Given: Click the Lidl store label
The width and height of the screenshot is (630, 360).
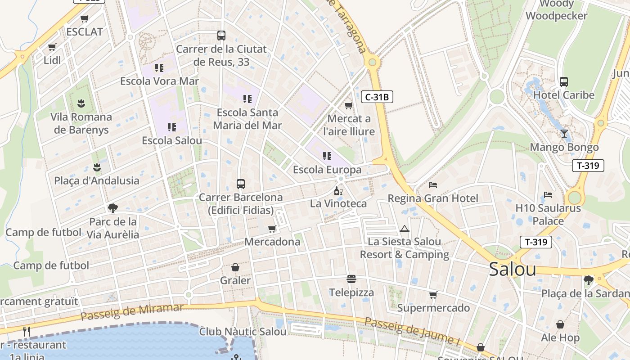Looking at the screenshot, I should pyautogui.click(x=52, y=60).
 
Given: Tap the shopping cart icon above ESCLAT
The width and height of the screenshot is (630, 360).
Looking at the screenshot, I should pyautogui.click(x=84, y=19).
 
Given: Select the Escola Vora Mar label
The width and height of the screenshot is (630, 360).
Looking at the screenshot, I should pyautogui.click(x=159, y=81).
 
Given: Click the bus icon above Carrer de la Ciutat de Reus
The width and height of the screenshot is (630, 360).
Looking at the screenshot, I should pyautogui.click(x=221, y=36).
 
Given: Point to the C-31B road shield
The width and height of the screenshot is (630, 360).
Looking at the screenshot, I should pyautogui.click(x=377, y=96).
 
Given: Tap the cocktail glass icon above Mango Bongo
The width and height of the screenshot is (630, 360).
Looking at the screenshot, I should pyautogui.click(x=564, y=134).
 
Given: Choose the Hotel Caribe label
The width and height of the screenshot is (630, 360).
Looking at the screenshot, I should pyautogui.click(x=564, y=95).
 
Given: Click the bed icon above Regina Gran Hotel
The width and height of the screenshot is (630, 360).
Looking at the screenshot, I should pyautogui.click(x=433, y=184).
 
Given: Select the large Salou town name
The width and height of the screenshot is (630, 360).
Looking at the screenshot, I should pyautogui.click(x=512, y=269).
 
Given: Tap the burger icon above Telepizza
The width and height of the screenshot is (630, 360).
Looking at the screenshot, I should pyautogui.click(x=351, y=279).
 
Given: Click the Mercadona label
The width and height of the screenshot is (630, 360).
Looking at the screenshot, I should pyautogui.click(x=272, y=242).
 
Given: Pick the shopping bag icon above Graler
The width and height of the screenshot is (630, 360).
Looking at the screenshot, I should pyautogui.click(x=235, y=268).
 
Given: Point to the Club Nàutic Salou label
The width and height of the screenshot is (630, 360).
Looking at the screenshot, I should pyautogui.click(x=243, y=332).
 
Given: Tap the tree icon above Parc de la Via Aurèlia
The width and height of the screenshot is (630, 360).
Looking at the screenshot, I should pyautogui.click(x=112, y=208).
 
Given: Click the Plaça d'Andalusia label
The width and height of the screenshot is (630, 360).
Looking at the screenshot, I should pyautogui.click(x=97, y=180).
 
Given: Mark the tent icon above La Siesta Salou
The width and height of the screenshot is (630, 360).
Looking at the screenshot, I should pyautogui.click(x=404, y=229).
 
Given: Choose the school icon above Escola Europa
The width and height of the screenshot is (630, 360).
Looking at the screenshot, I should pyautogui.click(x=327, y=156).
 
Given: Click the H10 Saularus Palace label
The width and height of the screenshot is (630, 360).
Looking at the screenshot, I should pyautogui.click(x=548, y=215).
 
